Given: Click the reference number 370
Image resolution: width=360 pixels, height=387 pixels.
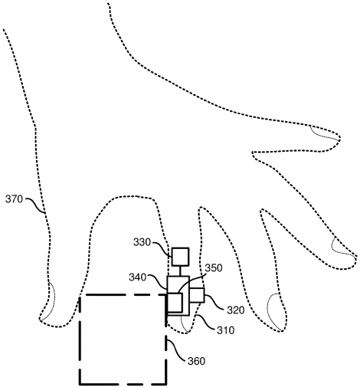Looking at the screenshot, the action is click(14, 199).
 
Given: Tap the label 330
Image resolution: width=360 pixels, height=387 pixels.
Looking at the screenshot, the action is click(142, 242).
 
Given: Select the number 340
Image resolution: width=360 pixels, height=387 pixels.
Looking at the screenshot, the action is click(138, 277).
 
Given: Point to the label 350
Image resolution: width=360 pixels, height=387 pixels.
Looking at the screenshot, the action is click(214, 268).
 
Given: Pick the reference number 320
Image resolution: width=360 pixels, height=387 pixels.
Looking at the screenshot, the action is click(236, 310).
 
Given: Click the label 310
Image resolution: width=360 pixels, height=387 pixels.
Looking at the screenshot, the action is click(226, 330).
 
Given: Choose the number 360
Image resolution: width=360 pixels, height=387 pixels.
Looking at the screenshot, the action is click(197, 361).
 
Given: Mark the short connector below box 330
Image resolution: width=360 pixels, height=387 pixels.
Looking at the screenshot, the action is click(180, 271).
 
